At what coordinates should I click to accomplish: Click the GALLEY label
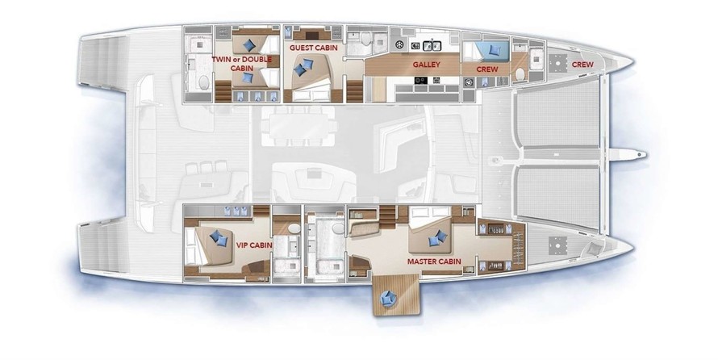(426, 65)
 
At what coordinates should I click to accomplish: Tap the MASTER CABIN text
(434, 262)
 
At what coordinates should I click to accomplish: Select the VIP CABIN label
(254, 245)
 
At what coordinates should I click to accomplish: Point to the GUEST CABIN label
(314, 48)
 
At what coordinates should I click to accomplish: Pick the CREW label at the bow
(582, 65)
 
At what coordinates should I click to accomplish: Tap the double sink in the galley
(432, 45)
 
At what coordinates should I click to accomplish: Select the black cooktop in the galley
(421, 80)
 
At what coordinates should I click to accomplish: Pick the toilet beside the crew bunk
(520, 74)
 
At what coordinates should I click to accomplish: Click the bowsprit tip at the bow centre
(645, 155)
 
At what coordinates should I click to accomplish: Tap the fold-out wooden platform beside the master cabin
(398, 295)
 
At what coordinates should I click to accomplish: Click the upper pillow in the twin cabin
(249, 45)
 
